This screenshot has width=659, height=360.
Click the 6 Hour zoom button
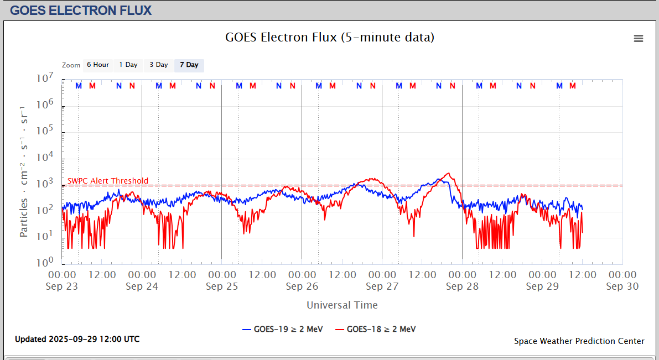[x=97, y=65]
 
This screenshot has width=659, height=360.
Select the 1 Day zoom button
[x=128, y=65]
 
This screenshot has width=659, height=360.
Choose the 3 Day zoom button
[x=158, y=65]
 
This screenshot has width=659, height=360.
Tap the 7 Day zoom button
[x=189, y=65]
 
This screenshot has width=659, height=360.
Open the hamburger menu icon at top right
[x=639, y=38]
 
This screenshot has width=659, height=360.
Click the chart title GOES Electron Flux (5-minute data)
[x=330, y=38]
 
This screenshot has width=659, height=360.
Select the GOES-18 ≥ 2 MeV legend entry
[x=376, y=330]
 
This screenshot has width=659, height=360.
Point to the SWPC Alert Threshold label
[x=108, y=181]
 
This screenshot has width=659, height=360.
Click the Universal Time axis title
[x=342, y=305]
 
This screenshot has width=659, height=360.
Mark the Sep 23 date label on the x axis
[x=63, y=286]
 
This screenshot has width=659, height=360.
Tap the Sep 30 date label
[x=622, y=286]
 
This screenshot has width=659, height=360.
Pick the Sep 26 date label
[x=302, y=286]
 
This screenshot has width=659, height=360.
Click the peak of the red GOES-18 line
[x=448, y=173]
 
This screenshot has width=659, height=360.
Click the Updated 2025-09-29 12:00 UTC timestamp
[x=77, y=339]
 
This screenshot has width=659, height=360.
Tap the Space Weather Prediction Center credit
[x=579, y=341]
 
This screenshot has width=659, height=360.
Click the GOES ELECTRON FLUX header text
[x=81, y=10]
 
